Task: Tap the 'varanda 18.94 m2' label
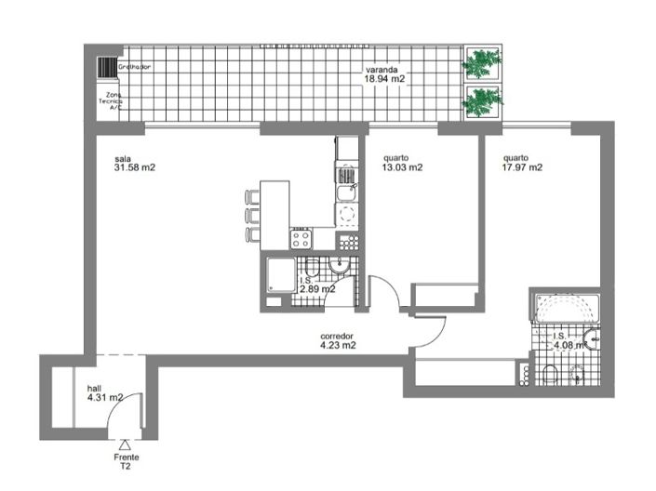(x=383, y=74)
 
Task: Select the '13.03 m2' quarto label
(x=403, y=163)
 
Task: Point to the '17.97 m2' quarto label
(x=522, y=163)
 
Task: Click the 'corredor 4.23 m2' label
(x=338, y=340)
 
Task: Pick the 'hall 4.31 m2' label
(x=104, y=392)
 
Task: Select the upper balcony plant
(x=482, y=63)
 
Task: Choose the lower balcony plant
(x=482, y=100)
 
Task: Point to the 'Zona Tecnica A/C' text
(x=114, y=100)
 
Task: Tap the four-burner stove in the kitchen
(x=301, y=239)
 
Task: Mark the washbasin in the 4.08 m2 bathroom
(x=590, y=340)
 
